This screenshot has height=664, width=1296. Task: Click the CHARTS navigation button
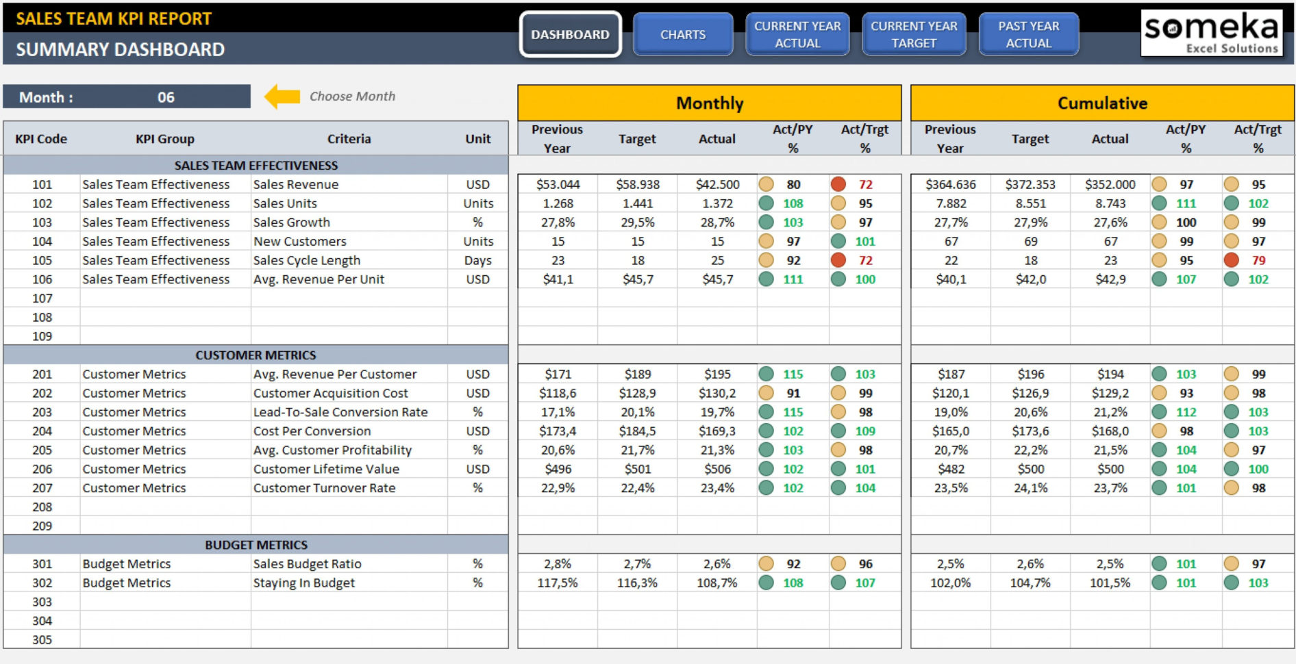[682, 34]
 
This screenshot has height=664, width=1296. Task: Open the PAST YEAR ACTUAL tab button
[1028, 34]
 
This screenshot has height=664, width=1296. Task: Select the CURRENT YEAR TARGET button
[913, 34]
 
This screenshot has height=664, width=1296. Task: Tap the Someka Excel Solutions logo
[1211, 33]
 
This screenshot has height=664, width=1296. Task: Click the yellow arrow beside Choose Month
[282, 97]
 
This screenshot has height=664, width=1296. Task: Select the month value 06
[166, 97]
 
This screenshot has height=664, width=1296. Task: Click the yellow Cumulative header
[1101, 103]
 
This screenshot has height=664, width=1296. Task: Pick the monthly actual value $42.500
[717, 184]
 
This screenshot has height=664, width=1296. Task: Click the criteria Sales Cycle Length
[306, 260]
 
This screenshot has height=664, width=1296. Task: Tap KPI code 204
[42, 431]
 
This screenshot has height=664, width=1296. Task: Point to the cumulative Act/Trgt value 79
[1258, 260]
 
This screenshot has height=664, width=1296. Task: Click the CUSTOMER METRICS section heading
[256, 355]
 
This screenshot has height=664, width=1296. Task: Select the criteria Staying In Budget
[303, 583]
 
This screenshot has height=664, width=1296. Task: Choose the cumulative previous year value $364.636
[950, 184]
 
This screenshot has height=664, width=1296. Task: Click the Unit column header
[477, 138]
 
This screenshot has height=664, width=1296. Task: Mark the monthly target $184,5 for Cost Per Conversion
[637, 431]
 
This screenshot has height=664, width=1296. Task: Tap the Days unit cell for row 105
[477, 260]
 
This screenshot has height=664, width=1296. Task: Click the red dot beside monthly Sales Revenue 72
[838, 184]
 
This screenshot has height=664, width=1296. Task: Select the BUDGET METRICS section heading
[256, 545]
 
